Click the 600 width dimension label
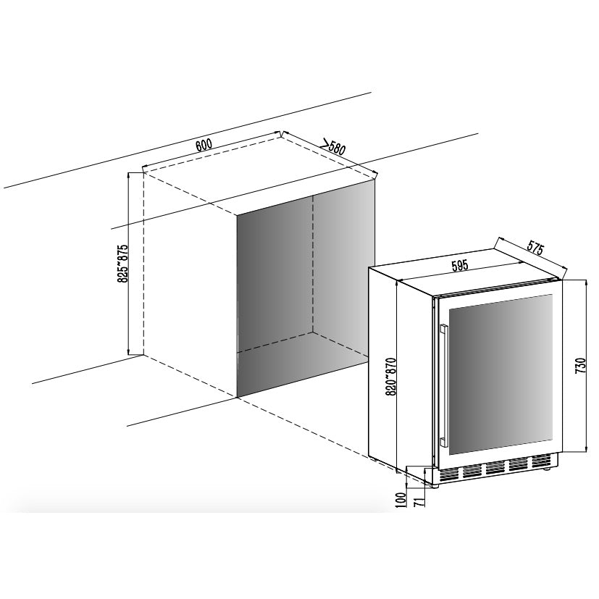204,145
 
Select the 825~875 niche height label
123,263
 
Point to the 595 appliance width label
459,265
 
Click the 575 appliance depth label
535,248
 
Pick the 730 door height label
580,366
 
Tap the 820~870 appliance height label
392,377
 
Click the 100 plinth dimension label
401,500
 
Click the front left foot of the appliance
435,485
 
